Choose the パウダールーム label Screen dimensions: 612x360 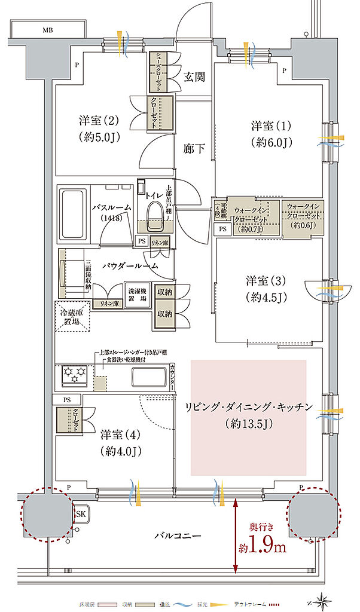[x=130, y=265]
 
